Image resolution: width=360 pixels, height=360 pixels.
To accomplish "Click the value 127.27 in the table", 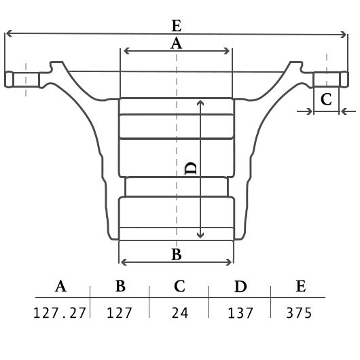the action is click(x=60, y=312).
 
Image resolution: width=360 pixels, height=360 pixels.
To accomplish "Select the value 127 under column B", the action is click(x=120, y=312).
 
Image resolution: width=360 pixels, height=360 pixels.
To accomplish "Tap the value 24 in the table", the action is click(x=180, y=312).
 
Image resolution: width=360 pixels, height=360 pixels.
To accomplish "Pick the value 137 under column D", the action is click(x=240, y=312).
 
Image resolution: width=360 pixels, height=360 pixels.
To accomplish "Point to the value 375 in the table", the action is click(x=299, y=312).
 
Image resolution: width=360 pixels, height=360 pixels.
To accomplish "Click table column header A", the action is click(x=60, y=286).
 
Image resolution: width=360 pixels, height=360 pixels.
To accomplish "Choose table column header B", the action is click(x=120, y=286).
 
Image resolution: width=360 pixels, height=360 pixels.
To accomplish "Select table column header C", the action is click(x=179, y=286).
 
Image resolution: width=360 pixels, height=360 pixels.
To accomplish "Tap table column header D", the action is click(x=240, y=286).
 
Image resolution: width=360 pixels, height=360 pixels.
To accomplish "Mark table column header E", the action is click(x=301, y=286).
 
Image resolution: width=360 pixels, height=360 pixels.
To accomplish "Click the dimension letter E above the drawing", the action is click(x=177, y=26).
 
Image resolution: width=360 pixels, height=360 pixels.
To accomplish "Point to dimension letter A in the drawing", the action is click(x=176, y=43).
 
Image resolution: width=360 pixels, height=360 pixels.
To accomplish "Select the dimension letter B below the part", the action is click(x=177, y=254).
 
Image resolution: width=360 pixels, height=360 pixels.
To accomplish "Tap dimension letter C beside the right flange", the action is click(x=326, y=99).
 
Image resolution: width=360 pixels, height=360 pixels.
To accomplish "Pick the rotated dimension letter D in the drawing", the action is click(x=191, y=168).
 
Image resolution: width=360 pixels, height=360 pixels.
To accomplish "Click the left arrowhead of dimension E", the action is click(x=8, y=33).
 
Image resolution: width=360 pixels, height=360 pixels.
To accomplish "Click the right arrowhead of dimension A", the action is click(x=227, y=51).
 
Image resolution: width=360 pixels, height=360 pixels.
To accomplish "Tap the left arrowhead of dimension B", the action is click(x=124, y=262).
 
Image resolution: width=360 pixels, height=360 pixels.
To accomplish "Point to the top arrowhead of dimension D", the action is click(x=200, y=103).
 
